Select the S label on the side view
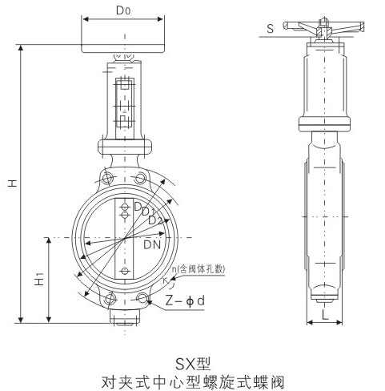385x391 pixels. click(271, 29)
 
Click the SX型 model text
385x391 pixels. click(192, 348)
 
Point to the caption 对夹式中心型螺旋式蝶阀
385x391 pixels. click(192, 373)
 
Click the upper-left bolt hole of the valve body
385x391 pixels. click(106, 179)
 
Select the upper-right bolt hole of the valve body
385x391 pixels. click(142, 179)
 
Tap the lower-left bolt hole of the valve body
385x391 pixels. click(109, 300)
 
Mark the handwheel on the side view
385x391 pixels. click(326, 24)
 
